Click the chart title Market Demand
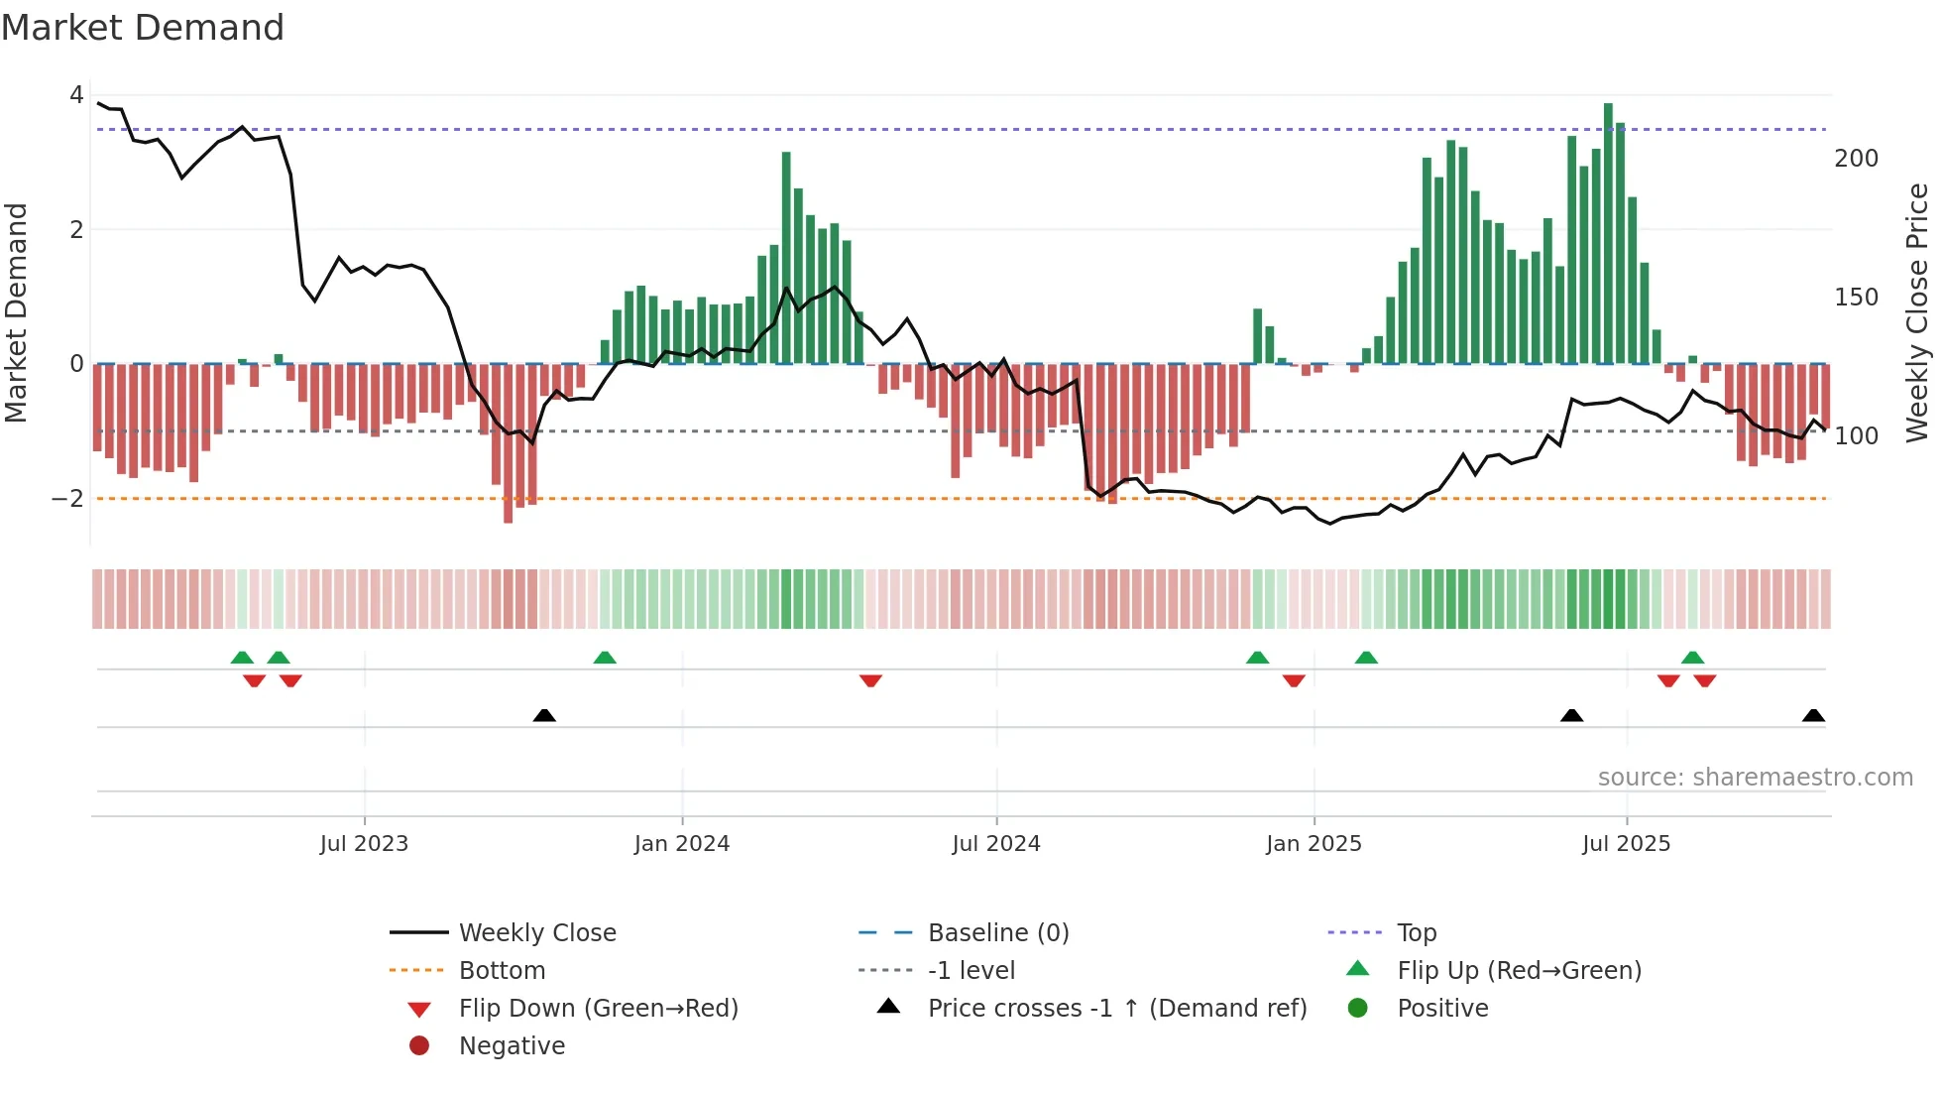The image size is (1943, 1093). click(143, 28)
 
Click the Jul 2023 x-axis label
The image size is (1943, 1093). click(364, 844)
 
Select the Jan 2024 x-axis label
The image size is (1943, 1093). click(682, 844)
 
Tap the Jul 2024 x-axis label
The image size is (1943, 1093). click(996, 844)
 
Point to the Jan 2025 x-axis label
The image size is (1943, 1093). click(1314, 844)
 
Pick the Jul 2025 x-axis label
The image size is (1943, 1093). click(1627, 844)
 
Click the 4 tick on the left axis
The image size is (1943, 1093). click(76, 95)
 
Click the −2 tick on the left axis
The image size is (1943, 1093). click(67, 499)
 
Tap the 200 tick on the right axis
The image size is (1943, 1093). click(1857, 159)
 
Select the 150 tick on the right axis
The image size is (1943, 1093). click(1857, 298)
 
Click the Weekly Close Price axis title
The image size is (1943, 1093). click(1918, 312)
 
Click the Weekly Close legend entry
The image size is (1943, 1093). click(536, 933)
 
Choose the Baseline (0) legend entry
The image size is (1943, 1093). click(997, 933)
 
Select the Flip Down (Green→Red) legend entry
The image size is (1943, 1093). click(598, 1009)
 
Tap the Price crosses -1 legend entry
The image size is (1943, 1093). click(1116, 1009)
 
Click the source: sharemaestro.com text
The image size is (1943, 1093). click(1755, 778)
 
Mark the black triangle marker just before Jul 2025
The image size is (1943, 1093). click(1571, 715)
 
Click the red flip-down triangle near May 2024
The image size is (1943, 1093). click(870, 680)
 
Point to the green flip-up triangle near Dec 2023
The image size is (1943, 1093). click(605, 658)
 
